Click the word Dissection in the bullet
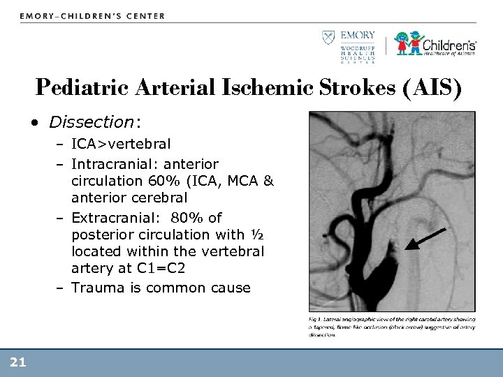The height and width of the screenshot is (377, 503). (x=91, y=122)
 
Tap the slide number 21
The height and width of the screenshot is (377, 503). (x=18, y=361)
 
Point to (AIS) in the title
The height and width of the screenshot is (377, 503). (x=435, y=89)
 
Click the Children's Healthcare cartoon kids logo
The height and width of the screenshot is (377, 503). (x=409, y=43)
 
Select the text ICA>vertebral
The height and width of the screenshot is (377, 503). (x=121, y=145)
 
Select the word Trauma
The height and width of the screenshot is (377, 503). (x=96, y=288)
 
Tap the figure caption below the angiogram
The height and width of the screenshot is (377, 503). (x=391, y=326)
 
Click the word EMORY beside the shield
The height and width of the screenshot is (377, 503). (x=358, y=35)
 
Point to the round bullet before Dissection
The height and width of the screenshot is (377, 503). (x=35, y=124)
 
